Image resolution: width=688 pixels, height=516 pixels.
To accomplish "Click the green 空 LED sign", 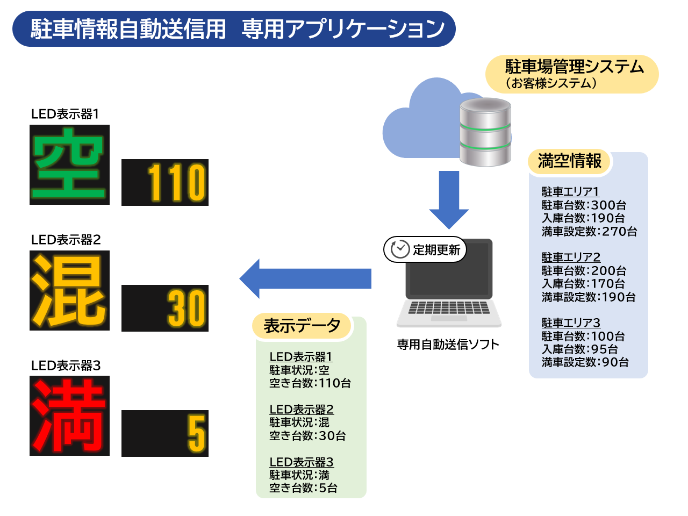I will [69, 164].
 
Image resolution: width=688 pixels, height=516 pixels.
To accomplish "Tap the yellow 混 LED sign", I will [69, 290].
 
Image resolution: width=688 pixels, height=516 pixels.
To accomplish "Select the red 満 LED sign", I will [69, 415].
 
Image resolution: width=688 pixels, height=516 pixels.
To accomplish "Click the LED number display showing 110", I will [165, 182].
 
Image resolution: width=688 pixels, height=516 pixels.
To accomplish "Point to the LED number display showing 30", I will [165, 308].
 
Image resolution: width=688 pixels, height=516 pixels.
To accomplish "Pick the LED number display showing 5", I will [165, 433].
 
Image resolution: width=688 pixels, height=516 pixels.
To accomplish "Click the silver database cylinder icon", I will [485, 132].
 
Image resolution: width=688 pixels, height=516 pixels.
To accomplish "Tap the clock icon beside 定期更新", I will [400, 249].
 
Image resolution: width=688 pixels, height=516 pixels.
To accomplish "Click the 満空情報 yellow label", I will [569, 161].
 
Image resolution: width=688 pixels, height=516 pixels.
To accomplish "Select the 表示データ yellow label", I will [302, 326].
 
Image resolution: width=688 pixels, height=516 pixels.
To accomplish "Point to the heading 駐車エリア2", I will [571, 257].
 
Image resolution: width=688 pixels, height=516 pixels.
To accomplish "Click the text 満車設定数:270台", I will [589, 232].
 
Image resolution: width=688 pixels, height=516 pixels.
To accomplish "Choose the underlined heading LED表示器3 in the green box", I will [302, 462].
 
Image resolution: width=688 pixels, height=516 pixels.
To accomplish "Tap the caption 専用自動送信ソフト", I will [448, 345].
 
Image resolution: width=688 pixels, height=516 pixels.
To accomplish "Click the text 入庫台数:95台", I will [580, 349].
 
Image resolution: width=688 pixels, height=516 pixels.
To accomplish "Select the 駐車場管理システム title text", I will [574, 67].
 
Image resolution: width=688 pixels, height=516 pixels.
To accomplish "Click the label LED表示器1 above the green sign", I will [65, 114].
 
